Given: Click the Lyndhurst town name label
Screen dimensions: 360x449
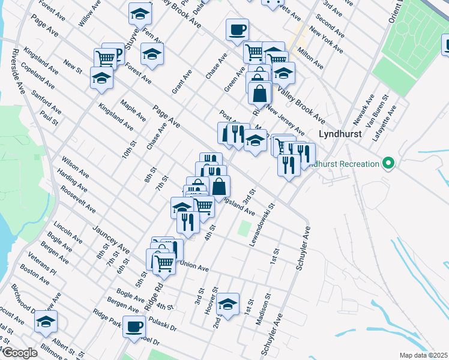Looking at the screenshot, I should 340,134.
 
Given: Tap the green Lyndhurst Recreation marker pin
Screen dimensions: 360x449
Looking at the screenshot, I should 388,163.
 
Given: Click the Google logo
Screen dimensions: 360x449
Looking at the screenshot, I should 19,353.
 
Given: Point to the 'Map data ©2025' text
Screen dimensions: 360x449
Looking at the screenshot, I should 423,355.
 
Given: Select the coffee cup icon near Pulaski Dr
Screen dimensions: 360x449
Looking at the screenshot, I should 134,327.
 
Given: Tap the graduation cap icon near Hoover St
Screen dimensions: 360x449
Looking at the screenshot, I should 228,305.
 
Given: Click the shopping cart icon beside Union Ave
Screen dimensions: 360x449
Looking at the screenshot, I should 164,262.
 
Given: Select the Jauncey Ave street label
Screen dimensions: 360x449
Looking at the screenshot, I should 111,239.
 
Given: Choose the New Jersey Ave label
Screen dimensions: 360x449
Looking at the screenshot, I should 286,121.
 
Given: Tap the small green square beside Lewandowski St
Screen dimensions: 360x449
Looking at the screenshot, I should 244,229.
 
